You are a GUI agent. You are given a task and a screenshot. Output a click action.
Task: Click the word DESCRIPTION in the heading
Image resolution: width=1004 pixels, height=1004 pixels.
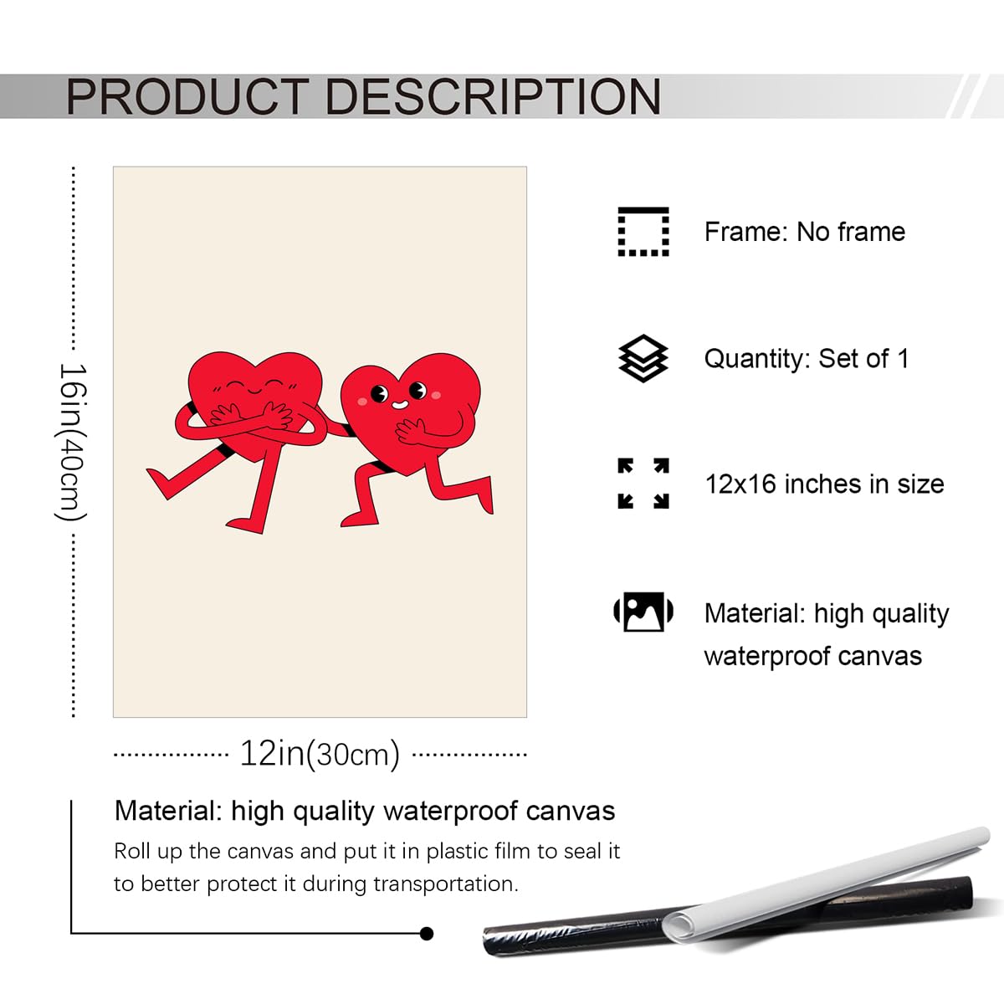point(493,96)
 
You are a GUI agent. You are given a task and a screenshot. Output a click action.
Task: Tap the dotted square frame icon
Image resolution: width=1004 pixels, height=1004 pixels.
point(643,232)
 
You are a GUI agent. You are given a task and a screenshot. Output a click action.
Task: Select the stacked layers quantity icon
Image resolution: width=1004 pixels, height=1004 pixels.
point(643,358)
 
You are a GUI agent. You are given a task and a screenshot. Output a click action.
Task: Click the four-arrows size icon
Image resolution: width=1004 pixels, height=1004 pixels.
point(643,484)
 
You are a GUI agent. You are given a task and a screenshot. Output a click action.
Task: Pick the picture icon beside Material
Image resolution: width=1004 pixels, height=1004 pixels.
point(643,612)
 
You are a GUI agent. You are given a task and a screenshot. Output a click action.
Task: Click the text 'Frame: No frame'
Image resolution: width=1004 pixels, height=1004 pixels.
point(805,232)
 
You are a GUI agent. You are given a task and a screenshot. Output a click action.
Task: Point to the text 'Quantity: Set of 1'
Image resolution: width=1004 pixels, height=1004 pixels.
point(807,358)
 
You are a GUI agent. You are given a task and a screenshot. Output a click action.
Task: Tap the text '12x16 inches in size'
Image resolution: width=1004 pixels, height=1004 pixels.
point(824,484)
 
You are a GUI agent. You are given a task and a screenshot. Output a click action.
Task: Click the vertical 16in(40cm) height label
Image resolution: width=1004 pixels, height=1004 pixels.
point(72,442)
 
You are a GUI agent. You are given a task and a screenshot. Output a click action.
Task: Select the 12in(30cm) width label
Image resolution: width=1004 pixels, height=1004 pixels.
point(320,754)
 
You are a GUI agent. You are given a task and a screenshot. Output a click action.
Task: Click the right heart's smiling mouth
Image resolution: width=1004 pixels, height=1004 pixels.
point(400,404)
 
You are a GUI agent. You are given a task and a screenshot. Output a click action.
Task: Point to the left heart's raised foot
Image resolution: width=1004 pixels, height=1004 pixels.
point(161,482)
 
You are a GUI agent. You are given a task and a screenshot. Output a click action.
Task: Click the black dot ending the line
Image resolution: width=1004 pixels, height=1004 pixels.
point(426,934)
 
